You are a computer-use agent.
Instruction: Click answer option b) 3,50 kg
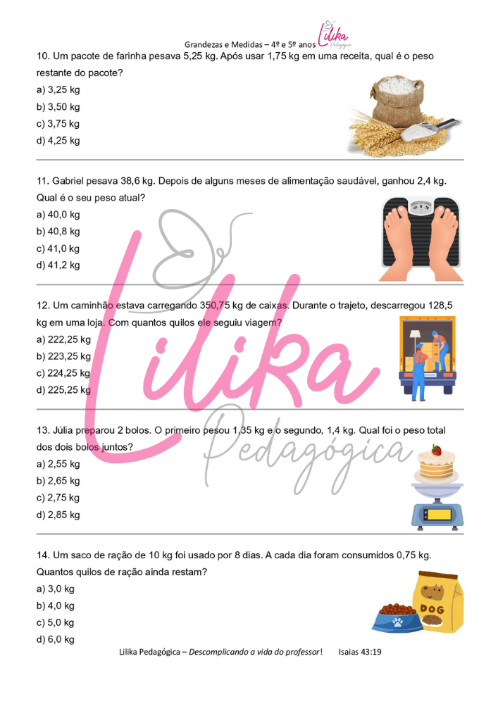pos(58,107)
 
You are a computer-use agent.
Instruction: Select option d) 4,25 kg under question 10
pos(58,141)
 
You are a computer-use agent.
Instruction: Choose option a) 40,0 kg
pos(58,215)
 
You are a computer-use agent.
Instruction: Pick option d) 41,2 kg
pos(58,265)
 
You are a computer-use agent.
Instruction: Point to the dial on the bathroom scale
pos(421,207)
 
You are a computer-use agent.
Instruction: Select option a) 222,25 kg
pos(63,339)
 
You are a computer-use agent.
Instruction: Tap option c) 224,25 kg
pos(63,373)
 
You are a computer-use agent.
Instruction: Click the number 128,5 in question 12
pos(440,306)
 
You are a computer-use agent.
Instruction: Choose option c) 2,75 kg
pos(58,498)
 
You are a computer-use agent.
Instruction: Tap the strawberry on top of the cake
pos(436,449)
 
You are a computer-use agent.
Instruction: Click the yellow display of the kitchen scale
pos(439,515)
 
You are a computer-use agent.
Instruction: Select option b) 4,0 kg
pos(55,605)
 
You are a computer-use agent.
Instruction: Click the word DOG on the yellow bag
pos(432,609)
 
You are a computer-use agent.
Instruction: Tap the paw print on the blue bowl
pos(397,622)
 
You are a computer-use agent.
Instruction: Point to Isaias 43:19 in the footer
pos(360,652)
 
